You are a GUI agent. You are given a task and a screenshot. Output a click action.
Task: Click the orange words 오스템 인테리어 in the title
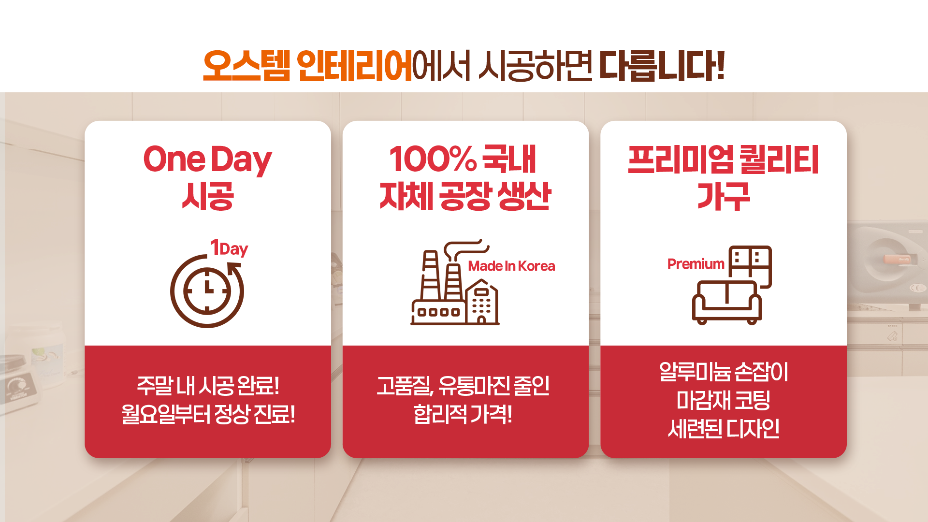307,66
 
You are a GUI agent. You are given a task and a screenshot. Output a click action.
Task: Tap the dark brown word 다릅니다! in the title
662,66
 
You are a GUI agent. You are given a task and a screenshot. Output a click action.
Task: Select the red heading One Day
208,159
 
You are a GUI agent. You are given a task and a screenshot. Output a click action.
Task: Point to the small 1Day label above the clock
229,248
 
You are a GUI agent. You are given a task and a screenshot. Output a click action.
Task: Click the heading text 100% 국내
463,159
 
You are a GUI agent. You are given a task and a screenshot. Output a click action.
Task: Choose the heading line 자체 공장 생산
465,196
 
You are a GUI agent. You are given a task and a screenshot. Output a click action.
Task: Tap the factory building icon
454,283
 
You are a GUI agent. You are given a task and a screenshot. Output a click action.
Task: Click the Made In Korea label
511,266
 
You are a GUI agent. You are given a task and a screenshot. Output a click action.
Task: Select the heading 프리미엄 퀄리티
723,159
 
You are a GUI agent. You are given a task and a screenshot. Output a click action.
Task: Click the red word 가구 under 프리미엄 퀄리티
724,197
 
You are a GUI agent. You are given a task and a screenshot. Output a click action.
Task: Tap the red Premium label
696,264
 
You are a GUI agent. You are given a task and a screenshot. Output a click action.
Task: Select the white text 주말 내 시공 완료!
208,385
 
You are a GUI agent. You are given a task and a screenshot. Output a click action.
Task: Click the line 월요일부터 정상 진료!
208,414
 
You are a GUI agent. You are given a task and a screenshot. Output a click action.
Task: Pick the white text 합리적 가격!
463,414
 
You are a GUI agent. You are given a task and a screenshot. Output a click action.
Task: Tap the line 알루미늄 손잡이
724,372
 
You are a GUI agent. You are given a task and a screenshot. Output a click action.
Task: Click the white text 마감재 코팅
724,400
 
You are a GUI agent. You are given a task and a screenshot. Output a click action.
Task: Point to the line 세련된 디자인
724,428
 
